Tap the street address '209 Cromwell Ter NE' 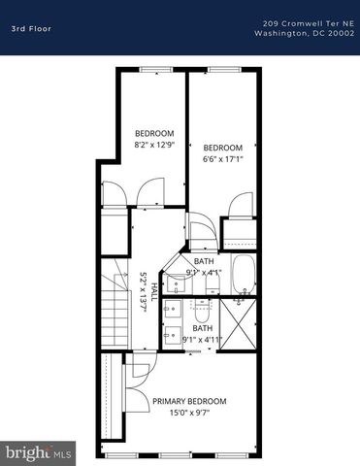click(304, 21)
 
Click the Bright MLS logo click(39, 452)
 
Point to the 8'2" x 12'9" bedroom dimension click(153, 143)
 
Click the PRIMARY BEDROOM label click(189, 401)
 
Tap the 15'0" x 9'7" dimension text click(189, 412)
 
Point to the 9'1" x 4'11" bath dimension click(203, 340)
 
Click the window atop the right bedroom click(223, 69)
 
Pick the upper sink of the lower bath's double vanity click(172, 310)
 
